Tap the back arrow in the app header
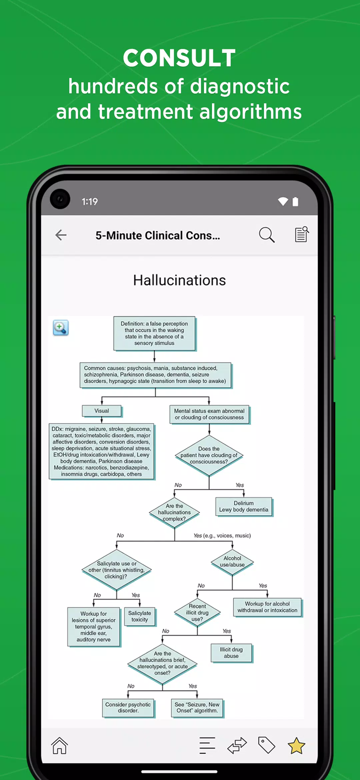(61, 235)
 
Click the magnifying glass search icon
(267, 235)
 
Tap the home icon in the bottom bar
(60, 745)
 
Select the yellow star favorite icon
(296, 745)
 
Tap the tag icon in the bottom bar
(267, 745)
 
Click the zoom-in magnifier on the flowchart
(61, 328)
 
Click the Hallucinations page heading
(180, 280)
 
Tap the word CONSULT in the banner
(179, 58)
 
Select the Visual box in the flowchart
(102, 411)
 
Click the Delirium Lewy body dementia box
(244, 507)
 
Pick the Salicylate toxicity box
(140, 616)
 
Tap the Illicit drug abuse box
(232, 653)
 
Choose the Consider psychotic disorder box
(128, 708)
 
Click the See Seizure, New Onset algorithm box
(197, 708)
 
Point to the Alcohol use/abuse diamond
(232, 562)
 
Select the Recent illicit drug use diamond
(197, 613)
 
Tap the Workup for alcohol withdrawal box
(268, 607)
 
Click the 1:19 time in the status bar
(90, 202)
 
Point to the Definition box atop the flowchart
(155, 333)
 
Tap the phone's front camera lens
(60, 199)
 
